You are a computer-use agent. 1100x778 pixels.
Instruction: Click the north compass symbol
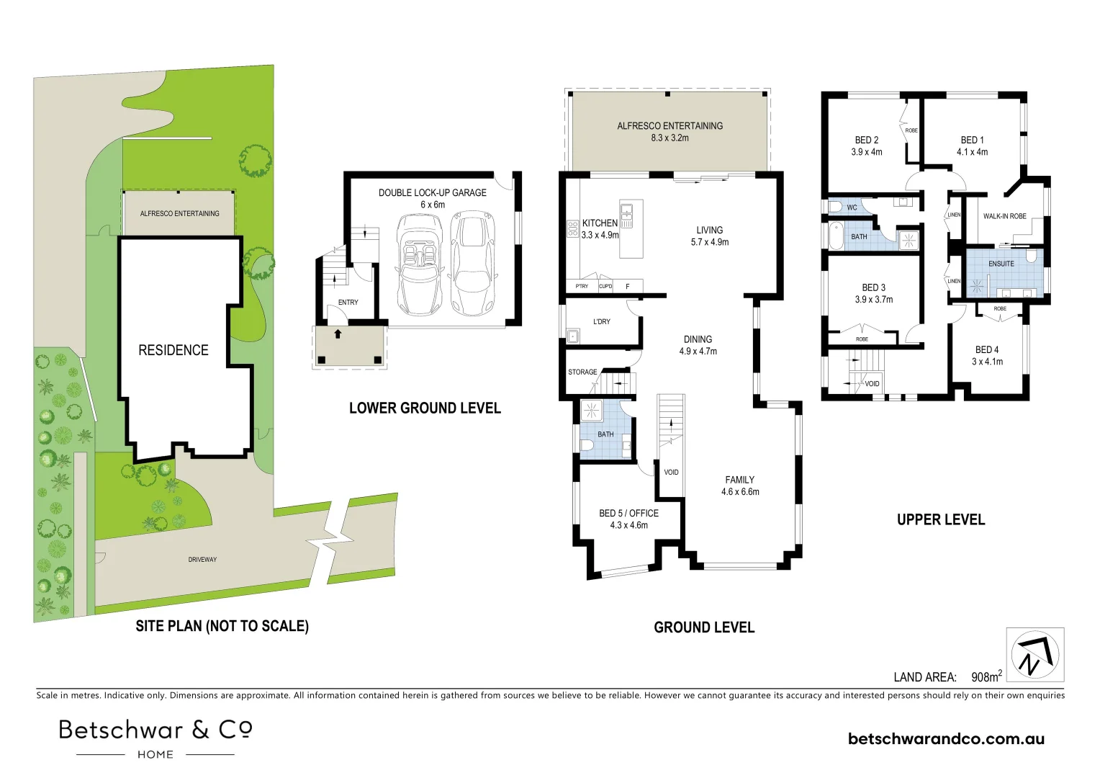[x=1034, y=655]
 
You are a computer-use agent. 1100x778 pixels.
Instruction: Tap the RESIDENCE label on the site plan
[x=173, y=350]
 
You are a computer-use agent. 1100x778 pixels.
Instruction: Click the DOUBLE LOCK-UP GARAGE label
[x=432, y=192]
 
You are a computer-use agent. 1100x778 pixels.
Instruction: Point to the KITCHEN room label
[x=600, y=223]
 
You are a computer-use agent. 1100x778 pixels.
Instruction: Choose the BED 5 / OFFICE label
[x=628, y=513]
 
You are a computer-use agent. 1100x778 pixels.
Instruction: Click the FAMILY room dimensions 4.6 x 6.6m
[x=740, y=492]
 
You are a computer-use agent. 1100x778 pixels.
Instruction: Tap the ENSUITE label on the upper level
[x=1001, y=264]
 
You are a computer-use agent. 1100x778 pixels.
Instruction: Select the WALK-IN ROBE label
[x=1004, y=216]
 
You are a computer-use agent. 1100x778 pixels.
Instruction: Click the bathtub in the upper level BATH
[x=836, y=236]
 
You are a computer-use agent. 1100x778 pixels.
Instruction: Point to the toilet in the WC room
[x=835, y=207]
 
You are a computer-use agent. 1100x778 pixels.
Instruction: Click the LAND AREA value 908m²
[x=986, y=676]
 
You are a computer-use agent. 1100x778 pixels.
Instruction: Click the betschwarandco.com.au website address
[x=946, y=738]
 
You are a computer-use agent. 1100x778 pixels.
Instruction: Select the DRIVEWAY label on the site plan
[x=202, y=559]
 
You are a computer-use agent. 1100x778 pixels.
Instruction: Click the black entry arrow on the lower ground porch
[x=337, y=334]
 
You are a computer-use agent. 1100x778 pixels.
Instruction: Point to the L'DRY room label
[x=601, y=321]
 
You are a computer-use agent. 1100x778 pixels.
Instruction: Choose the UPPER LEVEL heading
[x=940, y=519]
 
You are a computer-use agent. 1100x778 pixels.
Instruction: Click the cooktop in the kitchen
[x=573, y=229]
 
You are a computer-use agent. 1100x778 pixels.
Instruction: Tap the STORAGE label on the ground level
[x=582, y=372]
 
